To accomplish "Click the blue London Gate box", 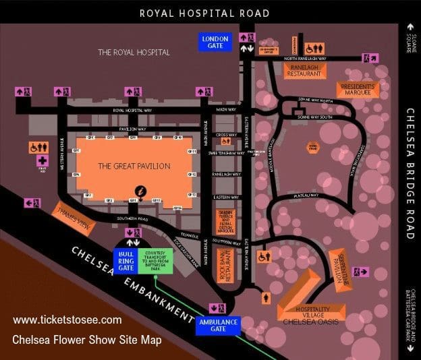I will point(215,42).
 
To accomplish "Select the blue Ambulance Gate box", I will point(219,326).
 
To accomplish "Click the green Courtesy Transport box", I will point(155,262).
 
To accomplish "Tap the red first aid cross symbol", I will point(42,161).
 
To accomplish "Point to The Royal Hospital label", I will point(134,52).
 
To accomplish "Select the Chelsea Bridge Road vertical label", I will point(410,173).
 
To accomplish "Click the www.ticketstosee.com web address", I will point(67,320).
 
